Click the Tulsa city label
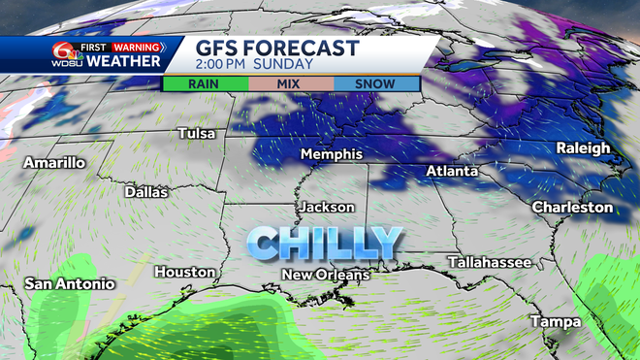click(196, 133)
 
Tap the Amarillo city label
click(54, 162)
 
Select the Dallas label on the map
click(146, 192)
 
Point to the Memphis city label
click(332, 155)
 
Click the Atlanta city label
click(452, 172)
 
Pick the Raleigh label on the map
click(583, 147)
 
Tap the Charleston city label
click(572, 208)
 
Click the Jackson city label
click(327, 208)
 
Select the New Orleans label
click(326, 276)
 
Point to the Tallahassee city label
click(489, 263)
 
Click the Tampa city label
click(555, 321)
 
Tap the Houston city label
click(183, 272)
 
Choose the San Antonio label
click(70, 284)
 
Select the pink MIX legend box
click(290, 83)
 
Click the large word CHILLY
click(324, 242)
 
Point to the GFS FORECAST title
click(277, 49)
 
